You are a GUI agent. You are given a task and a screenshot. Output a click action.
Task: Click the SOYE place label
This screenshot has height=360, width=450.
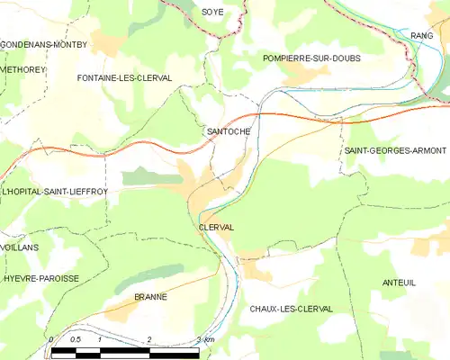212,12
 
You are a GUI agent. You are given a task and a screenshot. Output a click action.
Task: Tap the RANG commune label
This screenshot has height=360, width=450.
422,35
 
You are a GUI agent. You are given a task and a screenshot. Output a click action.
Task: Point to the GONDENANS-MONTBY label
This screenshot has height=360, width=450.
43,44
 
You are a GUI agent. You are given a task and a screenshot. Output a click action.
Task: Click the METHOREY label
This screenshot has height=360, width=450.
21,68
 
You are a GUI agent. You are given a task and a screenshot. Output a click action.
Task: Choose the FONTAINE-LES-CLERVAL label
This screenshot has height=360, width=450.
124,78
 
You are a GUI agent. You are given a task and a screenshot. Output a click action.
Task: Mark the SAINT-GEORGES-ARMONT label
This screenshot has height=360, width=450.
395,150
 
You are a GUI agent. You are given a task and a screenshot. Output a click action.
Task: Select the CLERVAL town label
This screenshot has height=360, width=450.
216,228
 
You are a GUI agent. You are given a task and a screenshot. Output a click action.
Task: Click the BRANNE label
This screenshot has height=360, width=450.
150,296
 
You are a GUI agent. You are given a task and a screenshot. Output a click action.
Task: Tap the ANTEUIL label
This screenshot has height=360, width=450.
399,283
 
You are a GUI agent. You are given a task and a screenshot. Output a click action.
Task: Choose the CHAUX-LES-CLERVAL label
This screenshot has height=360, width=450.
292,309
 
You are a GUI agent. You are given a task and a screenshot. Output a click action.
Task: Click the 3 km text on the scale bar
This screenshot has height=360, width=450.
204,339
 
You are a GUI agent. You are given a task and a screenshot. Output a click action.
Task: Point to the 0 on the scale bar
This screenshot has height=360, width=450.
52,339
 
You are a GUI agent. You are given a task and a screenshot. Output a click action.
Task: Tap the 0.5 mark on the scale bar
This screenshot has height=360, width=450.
76,339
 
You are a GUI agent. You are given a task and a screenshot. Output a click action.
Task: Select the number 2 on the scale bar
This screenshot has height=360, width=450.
149,339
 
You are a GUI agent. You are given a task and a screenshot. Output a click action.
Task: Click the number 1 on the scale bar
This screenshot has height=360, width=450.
100,339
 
